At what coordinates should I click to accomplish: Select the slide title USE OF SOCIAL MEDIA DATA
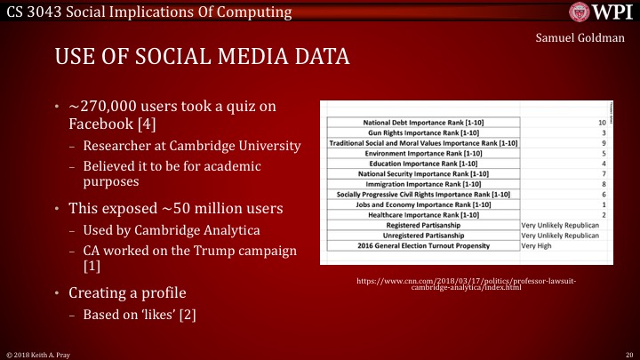(202, 58)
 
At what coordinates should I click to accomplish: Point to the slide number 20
(628, 354)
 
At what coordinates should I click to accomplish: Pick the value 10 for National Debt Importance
(602, 122)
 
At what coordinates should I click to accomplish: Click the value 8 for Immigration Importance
(603, 184)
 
